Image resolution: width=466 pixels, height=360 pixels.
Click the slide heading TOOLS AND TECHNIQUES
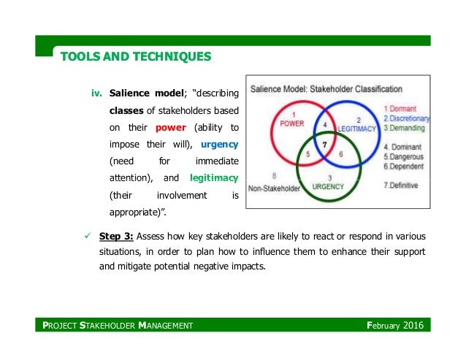(135, 55)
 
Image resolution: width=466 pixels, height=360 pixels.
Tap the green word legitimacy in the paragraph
(214, 177)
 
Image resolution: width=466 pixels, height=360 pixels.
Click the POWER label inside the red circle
(291, 123)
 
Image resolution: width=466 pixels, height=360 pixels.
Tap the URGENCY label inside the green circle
(328, 186)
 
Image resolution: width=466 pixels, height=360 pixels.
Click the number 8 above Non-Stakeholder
(274, 176)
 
